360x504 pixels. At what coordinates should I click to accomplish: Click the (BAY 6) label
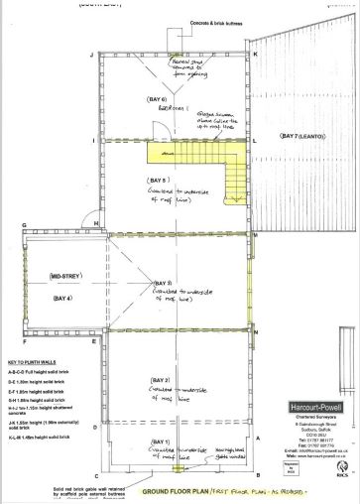[x=156, y=101]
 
